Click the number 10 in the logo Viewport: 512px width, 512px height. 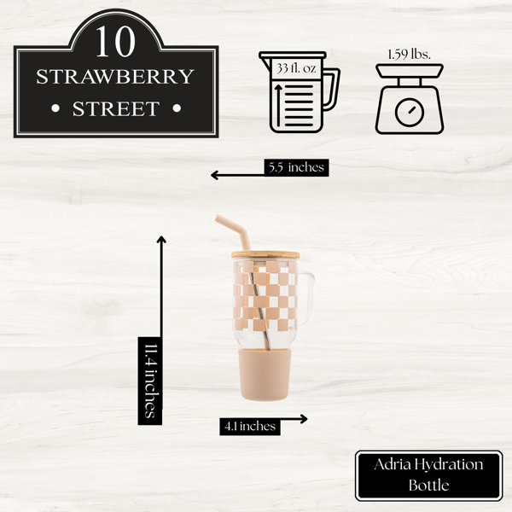115,42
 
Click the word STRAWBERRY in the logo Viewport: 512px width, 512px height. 115,77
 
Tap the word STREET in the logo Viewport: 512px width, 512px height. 116,108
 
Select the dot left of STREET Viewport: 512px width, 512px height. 55,108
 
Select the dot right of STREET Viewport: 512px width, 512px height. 177,108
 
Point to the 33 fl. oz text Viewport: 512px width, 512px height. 296,68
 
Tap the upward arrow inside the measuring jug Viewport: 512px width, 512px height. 278,106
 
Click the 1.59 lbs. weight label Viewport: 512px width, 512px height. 409,55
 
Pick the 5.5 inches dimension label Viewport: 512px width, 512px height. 296,167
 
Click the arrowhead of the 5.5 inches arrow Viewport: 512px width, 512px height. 213,175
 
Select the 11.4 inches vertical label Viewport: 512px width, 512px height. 150,381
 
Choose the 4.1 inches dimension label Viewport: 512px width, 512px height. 250,426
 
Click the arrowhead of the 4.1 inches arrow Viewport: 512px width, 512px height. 305,419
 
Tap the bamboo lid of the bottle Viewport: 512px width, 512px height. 265,254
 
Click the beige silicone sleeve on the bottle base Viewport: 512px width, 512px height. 265,375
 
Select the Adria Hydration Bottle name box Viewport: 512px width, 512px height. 428,475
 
